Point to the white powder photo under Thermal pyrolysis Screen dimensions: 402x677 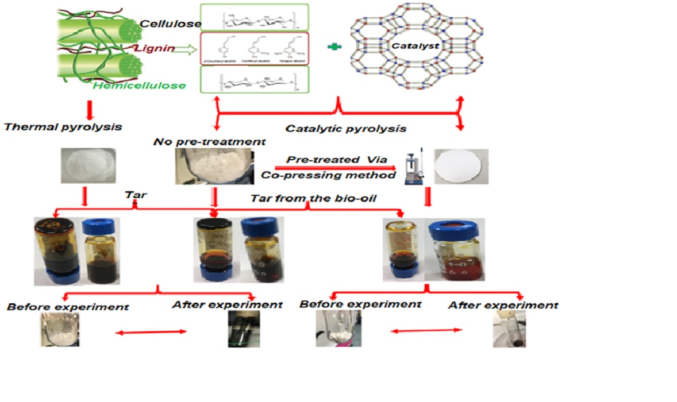pyautogui.click(x=88, y=165)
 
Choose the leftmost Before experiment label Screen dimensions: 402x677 pyautogui.click(x=68, y=307)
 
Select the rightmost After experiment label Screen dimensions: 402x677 pyautogui.click(x=503, y=306)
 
